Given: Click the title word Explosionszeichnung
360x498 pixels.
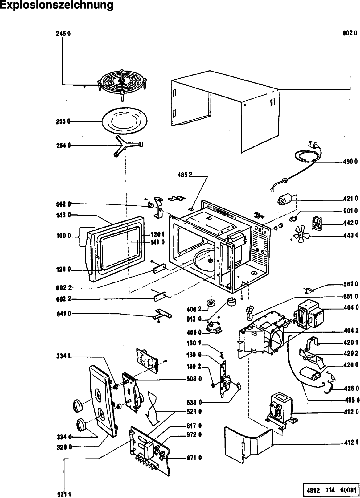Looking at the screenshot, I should pos(57,5).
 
